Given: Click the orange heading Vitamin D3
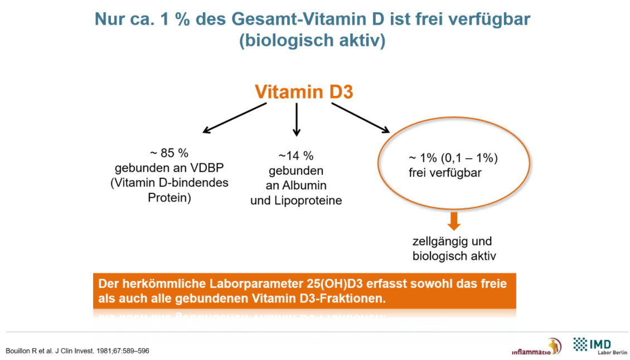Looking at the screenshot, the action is click(304, 91).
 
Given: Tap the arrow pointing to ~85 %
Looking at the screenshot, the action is click(235, 118).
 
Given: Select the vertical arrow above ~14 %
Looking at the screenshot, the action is click(297, 120).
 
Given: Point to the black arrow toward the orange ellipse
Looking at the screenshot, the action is click(360, 118).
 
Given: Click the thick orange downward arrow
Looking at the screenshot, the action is click(454, 221).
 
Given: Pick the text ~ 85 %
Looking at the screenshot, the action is click(169, 153).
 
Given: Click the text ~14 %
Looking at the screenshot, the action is click(296, 156).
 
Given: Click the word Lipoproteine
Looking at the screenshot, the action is click(308, 201).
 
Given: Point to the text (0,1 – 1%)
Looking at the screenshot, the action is click(469, 158).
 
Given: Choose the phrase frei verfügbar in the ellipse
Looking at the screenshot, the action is click(445, 173).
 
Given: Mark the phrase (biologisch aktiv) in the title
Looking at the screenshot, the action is click(312, 40).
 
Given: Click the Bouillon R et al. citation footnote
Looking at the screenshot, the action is click(77, 351).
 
